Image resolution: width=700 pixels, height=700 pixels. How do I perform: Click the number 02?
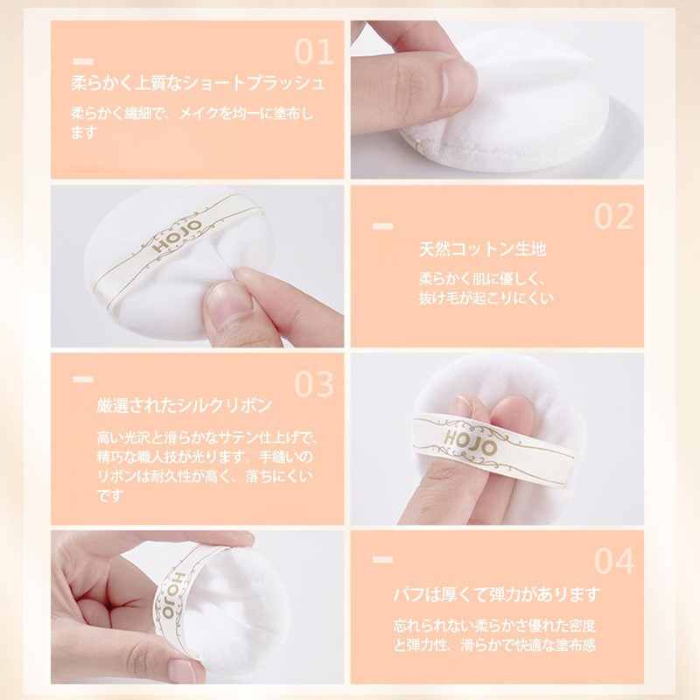pyautogui.click(x=613, y=215)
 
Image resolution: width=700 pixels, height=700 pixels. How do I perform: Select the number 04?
pyautogui.click(x=613, y=560)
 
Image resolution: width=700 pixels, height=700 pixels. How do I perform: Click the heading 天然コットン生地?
pyautogui.click(x=482, y=250)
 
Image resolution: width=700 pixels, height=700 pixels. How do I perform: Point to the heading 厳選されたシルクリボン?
pyautogui.click(x=185, y=406)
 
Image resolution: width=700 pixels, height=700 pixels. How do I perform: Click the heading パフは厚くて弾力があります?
pyautogui.click(x=497, y=595)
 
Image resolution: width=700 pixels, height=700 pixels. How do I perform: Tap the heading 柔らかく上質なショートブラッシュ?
pyautogui.click(x=198, y=84)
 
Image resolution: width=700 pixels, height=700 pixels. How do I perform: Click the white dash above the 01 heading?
pyautogui.click(x=83, y=61)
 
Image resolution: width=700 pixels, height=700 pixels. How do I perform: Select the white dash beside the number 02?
pyautogui.click(x=382, y=227)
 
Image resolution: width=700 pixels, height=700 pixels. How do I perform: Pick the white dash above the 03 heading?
pyautogui.click(x=83, y=379)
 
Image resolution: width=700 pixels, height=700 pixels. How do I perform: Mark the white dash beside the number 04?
pyautogui.click(x=382, y=557)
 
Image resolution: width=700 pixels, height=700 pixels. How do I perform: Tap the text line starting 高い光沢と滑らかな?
pyautogui.click(x=206, y=437)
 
